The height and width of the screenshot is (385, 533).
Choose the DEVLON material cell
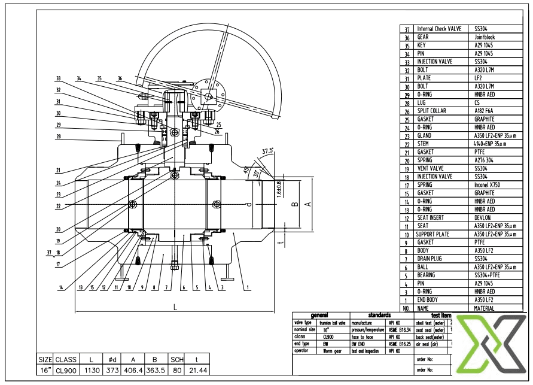pyautogui.click(x=483, y=218)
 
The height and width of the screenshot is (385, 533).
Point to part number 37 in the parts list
pyautogui.click(x=407, y=29)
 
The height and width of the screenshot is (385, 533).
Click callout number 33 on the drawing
pyautogui.click(x=59, y=78)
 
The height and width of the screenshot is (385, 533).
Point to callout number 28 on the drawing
pyautogui.click(x=59, y=137)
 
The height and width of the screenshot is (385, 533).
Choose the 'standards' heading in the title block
pyautogui.click(x=379, y=315)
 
